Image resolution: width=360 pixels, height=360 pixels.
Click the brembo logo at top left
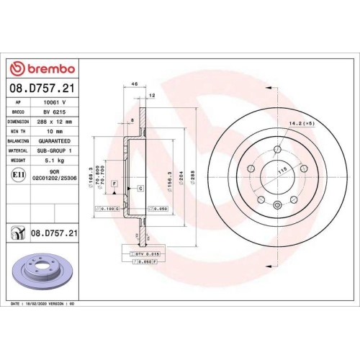click(41, 68)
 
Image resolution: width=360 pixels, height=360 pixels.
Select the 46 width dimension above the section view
click(134, 85)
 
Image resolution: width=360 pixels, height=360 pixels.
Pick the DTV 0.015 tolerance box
click(145, 255)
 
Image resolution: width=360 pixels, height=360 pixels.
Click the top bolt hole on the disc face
click(276, 148)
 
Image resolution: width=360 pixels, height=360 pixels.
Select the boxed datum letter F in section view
click(114, 185)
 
